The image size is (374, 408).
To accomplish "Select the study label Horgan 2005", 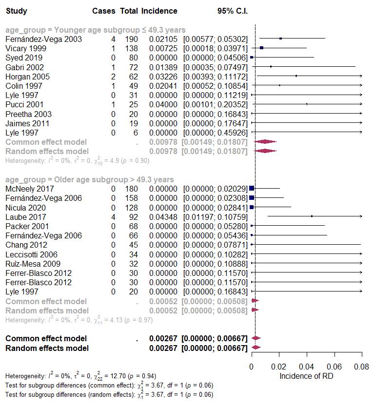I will (x=24, y=77).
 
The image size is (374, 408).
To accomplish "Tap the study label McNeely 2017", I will (x=29, y=189).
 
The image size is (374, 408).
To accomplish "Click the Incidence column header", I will (x=159, y=11).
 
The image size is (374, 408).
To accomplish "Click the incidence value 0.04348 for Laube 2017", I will (x=163, y=217).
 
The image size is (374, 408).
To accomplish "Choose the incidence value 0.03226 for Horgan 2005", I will (x=163, y=77).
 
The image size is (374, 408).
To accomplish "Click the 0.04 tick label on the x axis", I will (x=307, y=367).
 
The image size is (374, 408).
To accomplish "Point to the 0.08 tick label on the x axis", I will (x=361, y=367).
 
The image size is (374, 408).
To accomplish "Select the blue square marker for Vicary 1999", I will (x=262, y=48).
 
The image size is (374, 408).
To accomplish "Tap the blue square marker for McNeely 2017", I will (x=252, y=188).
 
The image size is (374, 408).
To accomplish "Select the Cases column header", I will (x=104, y=11).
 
